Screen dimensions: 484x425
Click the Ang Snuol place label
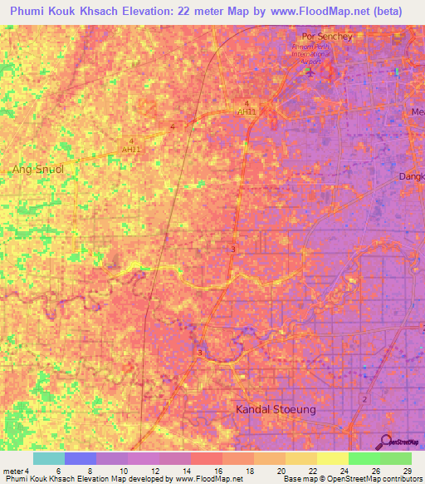37,169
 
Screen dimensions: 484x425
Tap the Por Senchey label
327,37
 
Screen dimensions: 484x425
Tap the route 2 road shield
364,399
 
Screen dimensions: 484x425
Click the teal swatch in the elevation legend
49,458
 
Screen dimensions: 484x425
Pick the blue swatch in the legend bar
81,458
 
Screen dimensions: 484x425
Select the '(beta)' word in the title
387,12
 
